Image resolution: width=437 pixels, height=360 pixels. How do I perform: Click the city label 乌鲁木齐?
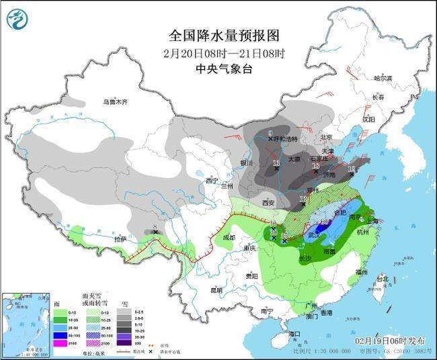tap(114, 102)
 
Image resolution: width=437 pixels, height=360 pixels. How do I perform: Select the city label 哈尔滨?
tap(383, 79)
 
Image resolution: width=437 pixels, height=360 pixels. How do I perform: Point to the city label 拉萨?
tap(121, 239)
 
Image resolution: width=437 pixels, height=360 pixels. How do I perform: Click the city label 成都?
tap(229, 237)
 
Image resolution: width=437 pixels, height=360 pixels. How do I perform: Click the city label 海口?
tap(293, 334)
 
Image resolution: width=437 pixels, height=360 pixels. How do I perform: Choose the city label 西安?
tap(269, 202)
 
